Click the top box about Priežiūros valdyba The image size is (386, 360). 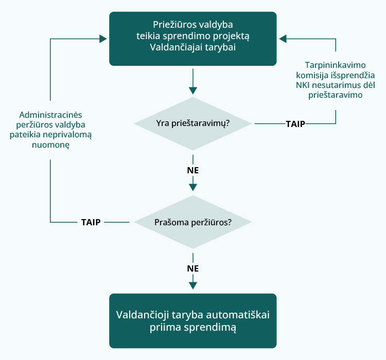tap(193, 38)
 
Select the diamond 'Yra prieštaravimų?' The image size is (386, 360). tap(193, 123)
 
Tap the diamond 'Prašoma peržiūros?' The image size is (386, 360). tap(193, 223)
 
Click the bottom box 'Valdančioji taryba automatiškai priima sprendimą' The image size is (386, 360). tap(193, 321)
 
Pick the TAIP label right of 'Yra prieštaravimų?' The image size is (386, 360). tap(295, 124)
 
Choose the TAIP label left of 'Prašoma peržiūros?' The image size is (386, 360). tap(91, 223)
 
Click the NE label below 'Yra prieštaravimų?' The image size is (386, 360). tap(193, 170)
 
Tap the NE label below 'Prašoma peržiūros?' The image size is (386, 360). tap(193, 268)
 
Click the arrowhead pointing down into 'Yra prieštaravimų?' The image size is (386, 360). tap(193, 91)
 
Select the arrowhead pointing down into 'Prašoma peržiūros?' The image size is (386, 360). tap(193, 187)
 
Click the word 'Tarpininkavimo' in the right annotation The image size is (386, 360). tap(336, 65)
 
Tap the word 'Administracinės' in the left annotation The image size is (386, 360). tap(50, 115)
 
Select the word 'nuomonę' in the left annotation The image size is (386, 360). tap(50, 145)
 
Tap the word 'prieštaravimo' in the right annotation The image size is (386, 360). tap(336, 95)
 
